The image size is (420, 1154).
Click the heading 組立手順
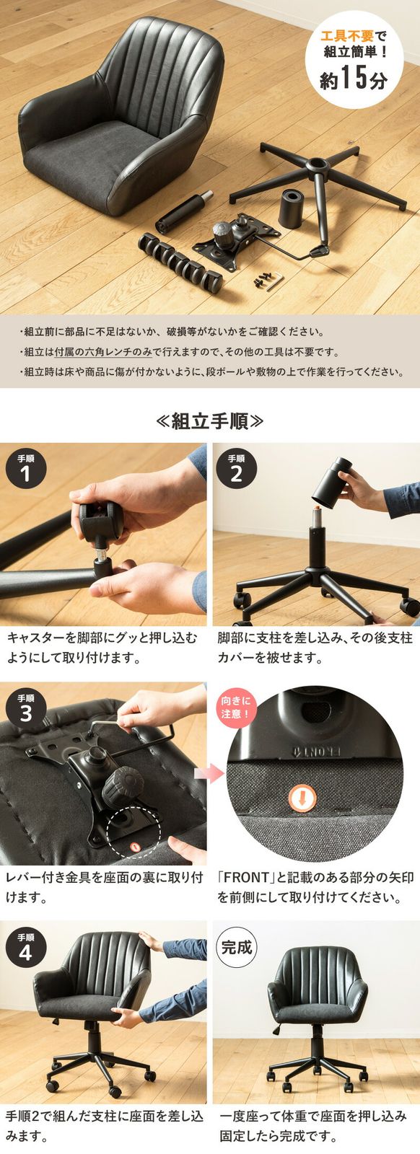[x=209, y=421]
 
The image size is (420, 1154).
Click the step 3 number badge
[x=26, y=708]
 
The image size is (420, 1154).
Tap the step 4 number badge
[x=26, y=947]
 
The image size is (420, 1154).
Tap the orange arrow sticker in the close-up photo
[x=302, y=798]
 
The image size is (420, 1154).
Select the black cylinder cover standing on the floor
[x=291, y=207]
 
